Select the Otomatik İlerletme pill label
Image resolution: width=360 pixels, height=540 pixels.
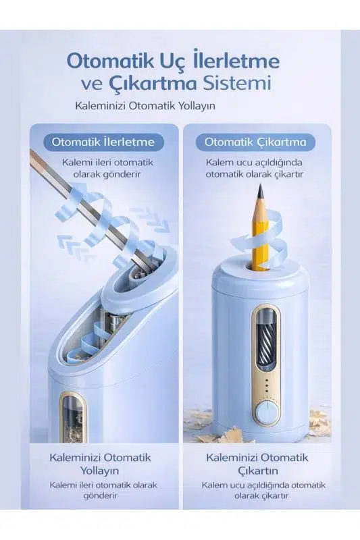pyautogui.click(x=104, y=142)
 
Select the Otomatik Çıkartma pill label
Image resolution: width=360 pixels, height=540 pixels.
pyautogui.click(x=255, y=142)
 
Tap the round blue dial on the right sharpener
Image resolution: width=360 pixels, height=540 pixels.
pyautogui.click(x=267, y=413)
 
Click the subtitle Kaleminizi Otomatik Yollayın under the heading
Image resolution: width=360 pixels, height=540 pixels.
pyautogui.click(x=145, y=105)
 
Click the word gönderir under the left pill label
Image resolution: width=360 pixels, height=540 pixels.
pyautogui.click(x=122, y=174)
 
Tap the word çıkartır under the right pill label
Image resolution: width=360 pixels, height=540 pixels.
pyautogui.click(x=288, y=174)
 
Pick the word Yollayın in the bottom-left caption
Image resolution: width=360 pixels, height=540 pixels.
pyautogui.click(x=99, y=470)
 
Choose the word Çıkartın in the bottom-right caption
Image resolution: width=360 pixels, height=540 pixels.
pyautogui.click(x=258, y=470)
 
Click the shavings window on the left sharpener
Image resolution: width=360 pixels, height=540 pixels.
pyautogui.click(x=74, y=416)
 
